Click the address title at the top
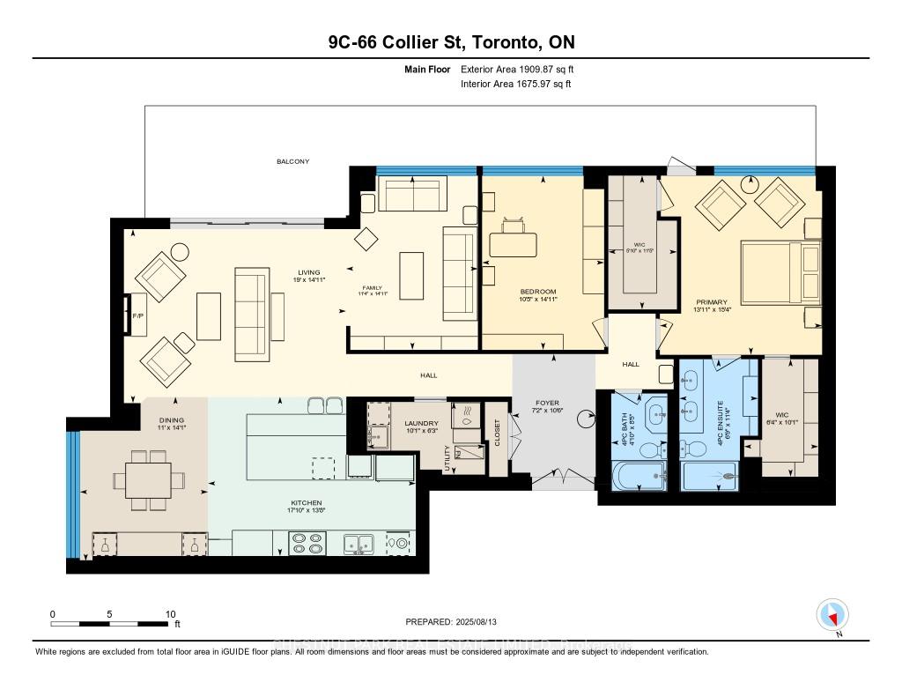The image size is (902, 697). (x=450, y=42)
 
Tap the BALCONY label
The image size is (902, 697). (x=292, y=162)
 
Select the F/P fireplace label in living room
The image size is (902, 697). (x=137, y=315)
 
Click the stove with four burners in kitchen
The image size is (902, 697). (x=307, y=545)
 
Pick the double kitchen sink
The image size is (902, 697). (x=359, y=545)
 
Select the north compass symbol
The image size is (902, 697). (x=832, y=615)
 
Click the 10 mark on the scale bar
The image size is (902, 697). (x=170, y=614)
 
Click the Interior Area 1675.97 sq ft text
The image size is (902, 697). (x=515, y=85)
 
